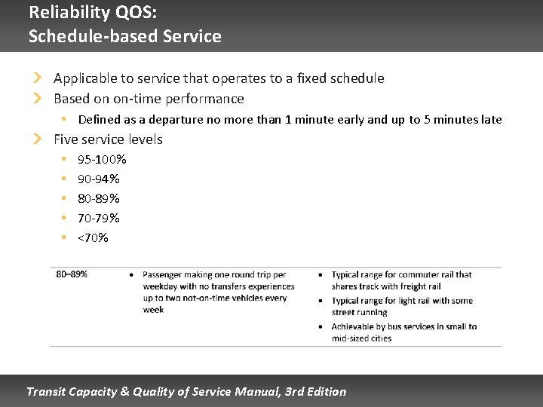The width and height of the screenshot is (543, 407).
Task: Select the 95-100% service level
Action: (102, 160)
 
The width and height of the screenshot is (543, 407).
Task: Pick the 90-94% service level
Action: (99, 179)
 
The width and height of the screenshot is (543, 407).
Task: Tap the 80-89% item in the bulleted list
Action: (99, 199)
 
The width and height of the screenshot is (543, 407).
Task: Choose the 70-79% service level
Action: (99, 219)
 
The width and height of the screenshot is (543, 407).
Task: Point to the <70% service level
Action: (93, 238)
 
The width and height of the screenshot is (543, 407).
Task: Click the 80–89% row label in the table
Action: (72, 274)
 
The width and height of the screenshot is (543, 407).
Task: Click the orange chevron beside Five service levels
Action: (38, 139)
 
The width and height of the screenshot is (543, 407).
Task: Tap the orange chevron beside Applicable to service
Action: (38, 78)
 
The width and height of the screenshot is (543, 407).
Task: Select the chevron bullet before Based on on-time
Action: (38, 98)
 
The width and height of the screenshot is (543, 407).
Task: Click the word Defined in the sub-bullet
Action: (98, 120)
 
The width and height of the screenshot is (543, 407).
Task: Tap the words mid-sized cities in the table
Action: (361, 338)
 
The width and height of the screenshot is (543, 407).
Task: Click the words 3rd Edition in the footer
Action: (316, 392)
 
